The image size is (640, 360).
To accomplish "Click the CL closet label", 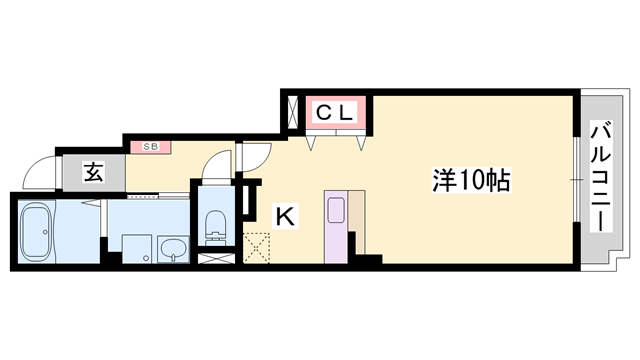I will click(x=333, y=112).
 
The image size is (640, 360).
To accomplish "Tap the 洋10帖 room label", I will click(x=471, y=181).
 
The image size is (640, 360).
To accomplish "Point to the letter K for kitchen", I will click(x=285, y=213).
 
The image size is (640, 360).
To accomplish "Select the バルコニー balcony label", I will click(x=600, y=176).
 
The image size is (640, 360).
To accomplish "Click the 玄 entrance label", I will click(x=92, y=172).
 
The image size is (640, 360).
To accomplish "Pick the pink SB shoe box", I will click(x=150, y=147).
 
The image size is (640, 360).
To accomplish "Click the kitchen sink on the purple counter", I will click(x=334, y=211).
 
